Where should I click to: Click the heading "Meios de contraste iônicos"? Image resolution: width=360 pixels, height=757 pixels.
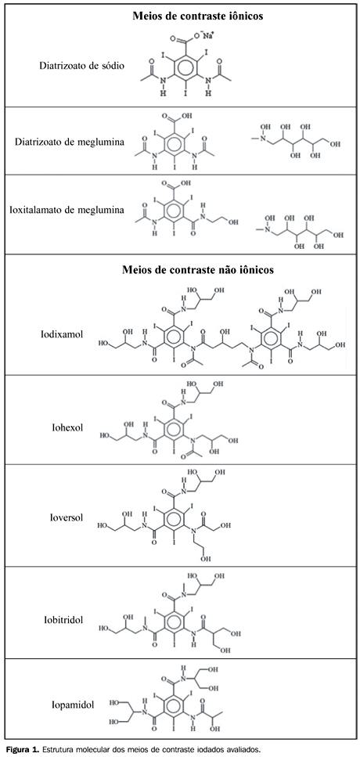[198, 16]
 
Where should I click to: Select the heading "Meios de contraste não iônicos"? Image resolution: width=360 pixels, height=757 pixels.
[198, 269]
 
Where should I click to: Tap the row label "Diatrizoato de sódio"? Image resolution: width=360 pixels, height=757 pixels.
[82, 65]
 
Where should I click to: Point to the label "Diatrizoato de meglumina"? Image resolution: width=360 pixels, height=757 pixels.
[70, 142]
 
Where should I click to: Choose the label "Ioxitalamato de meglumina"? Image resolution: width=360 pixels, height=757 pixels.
[67, 210]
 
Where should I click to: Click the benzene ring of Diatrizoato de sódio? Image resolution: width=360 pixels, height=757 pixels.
[185, 67]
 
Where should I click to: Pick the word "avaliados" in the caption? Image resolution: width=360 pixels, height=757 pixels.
[243, 749]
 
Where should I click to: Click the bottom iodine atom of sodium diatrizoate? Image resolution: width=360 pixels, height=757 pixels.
[185, 90]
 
